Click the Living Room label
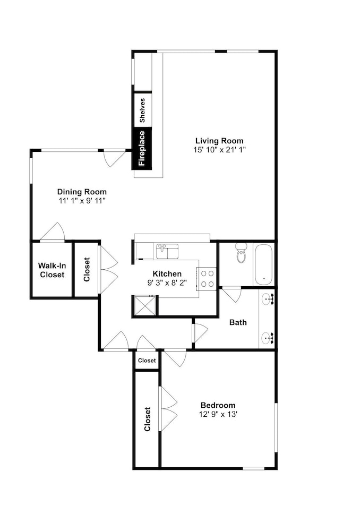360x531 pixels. coord(219,141)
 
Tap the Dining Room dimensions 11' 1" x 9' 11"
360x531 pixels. coord(82,201)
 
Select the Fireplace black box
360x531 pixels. coord(142,148)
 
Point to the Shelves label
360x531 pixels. coord(142,110)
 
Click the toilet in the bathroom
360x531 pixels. coord(242,253)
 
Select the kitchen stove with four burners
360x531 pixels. coord(206,279)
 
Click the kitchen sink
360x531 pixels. coord(167,251)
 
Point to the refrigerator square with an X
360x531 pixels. coord(144,305)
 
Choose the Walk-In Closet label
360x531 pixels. coord(52,270)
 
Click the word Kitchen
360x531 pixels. coord(167,273)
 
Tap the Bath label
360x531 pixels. coord(238,322)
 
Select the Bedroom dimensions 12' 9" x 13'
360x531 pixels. coord(218,414)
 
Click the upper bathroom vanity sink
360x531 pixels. coord(268,299)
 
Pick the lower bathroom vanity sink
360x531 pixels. coord(268,338)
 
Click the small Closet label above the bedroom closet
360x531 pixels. coord(147,361)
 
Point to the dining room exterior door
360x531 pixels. coord(115,158)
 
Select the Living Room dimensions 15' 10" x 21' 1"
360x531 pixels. coord(219,150)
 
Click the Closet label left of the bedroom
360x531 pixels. coord(147,419)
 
